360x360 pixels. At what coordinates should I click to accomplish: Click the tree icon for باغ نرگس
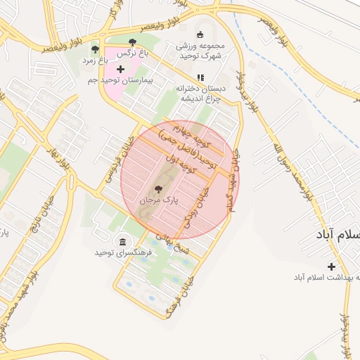pyautogui.click(x=133, y=42)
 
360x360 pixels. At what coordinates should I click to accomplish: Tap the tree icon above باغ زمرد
pyautogui.click(x=95, y=49)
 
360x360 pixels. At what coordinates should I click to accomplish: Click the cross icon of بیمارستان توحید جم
pyautogui.click(x=120, y=70)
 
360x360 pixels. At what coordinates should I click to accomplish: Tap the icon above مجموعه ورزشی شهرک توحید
pyautogui.click(x=199, y=35)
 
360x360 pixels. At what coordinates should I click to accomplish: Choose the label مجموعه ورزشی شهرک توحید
pyautogui.click(x=199, y=51)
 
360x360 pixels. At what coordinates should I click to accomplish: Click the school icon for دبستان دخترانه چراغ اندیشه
pyautogui.click(x=200, y=77)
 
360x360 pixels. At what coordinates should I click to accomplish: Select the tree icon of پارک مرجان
pyautogui.click(x=157, y=188)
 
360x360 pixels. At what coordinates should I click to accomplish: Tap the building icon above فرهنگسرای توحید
pyautogui.click(x=124, y=241)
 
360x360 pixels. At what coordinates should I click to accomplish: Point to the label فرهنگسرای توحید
pyautogui.click(x=124, y=252)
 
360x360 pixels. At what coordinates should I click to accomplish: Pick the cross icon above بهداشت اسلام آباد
pyautogui.click(x=330, y=266)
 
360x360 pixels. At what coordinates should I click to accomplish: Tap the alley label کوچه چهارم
pyautogui.click(x=184, y=134)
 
